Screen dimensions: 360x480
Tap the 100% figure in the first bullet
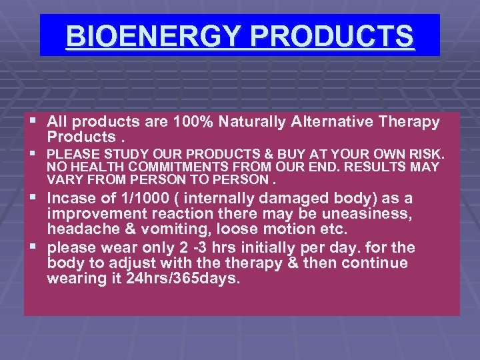point(193,122)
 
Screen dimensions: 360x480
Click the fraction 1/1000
point(136,198)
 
